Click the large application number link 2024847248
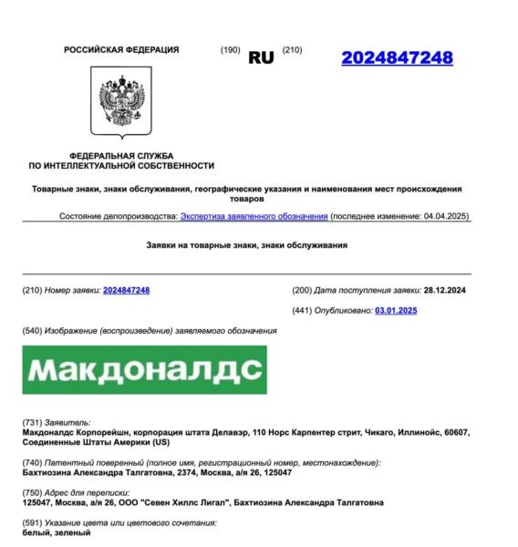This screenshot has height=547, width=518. pyautogui.click(x=397, y=57)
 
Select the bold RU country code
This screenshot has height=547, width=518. pyautogui.click(x=261, y=57)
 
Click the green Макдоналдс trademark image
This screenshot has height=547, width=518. pyautogui.click(x=144, y=369)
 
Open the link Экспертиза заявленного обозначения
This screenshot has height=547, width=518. pyautogui.click(x=254, y=216)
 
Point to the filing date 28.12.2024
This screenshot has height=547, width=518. pyautogui.click(x=446, y=290)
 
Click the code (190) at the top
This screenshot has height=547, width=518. pyautogui.click(x=230, y=49)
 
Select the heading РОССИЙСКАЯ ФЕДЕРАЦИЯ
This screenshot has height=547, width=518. pyautogui.click(x=121, y=50)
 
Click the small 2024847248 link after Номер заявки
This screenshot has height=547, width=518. pyautogui.click(x=126, y=290)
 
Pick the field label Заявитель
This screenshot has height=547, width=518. pyautogui.click(x=67, y=423)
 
